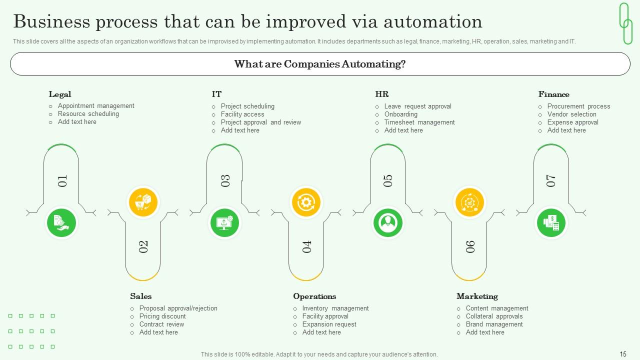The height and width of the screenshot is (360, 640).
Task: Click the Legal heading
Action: [x=59, y=94]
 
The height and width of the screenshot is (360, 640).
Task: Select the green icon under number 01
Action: [x=61, y=222]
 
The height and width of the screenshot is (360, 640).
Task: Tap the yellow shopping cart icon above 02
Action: [x=143, y=202]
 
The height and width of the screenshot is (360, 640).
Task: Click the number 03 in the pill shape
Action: [x=225, y=180]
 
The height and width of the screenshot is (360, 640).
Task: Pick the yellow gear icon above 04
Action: [x=306, y=202]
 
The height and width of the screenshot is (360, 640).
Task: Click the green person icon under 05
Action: [x=387, y=222]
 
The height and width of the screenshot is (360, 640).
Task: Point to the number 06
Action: [x=470, y=246]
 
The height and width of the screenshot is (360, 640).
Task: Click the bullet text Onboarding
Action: [x=400, y=114]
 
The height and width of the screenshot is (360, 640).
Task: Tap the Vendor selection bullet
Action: [x=571, y=114]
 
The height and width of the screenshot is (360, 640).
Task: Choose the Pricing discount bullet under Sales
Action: [x=162, y=316]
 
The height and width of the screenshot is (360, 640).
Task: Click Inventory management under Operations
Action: [x=335, y=308]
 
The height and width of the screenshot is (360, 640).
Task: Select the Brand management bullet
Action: [x=494, y=324]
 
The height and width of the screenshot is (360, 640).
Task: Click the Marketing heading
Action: [x=477, y=296]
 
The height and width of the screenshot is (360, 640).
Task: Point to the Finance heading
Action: [x=553, y=94]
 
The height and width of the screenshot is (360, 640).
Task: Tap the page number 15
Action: [x=623, y=354]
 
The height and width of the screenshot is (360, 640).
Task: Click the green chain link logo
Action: [x=625, y=23]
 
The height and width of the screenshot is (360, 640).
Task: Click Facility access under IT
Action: [x=242, y=114]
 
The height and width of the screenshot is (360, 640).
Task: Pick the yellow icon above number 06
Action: [x=469, y=202]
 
